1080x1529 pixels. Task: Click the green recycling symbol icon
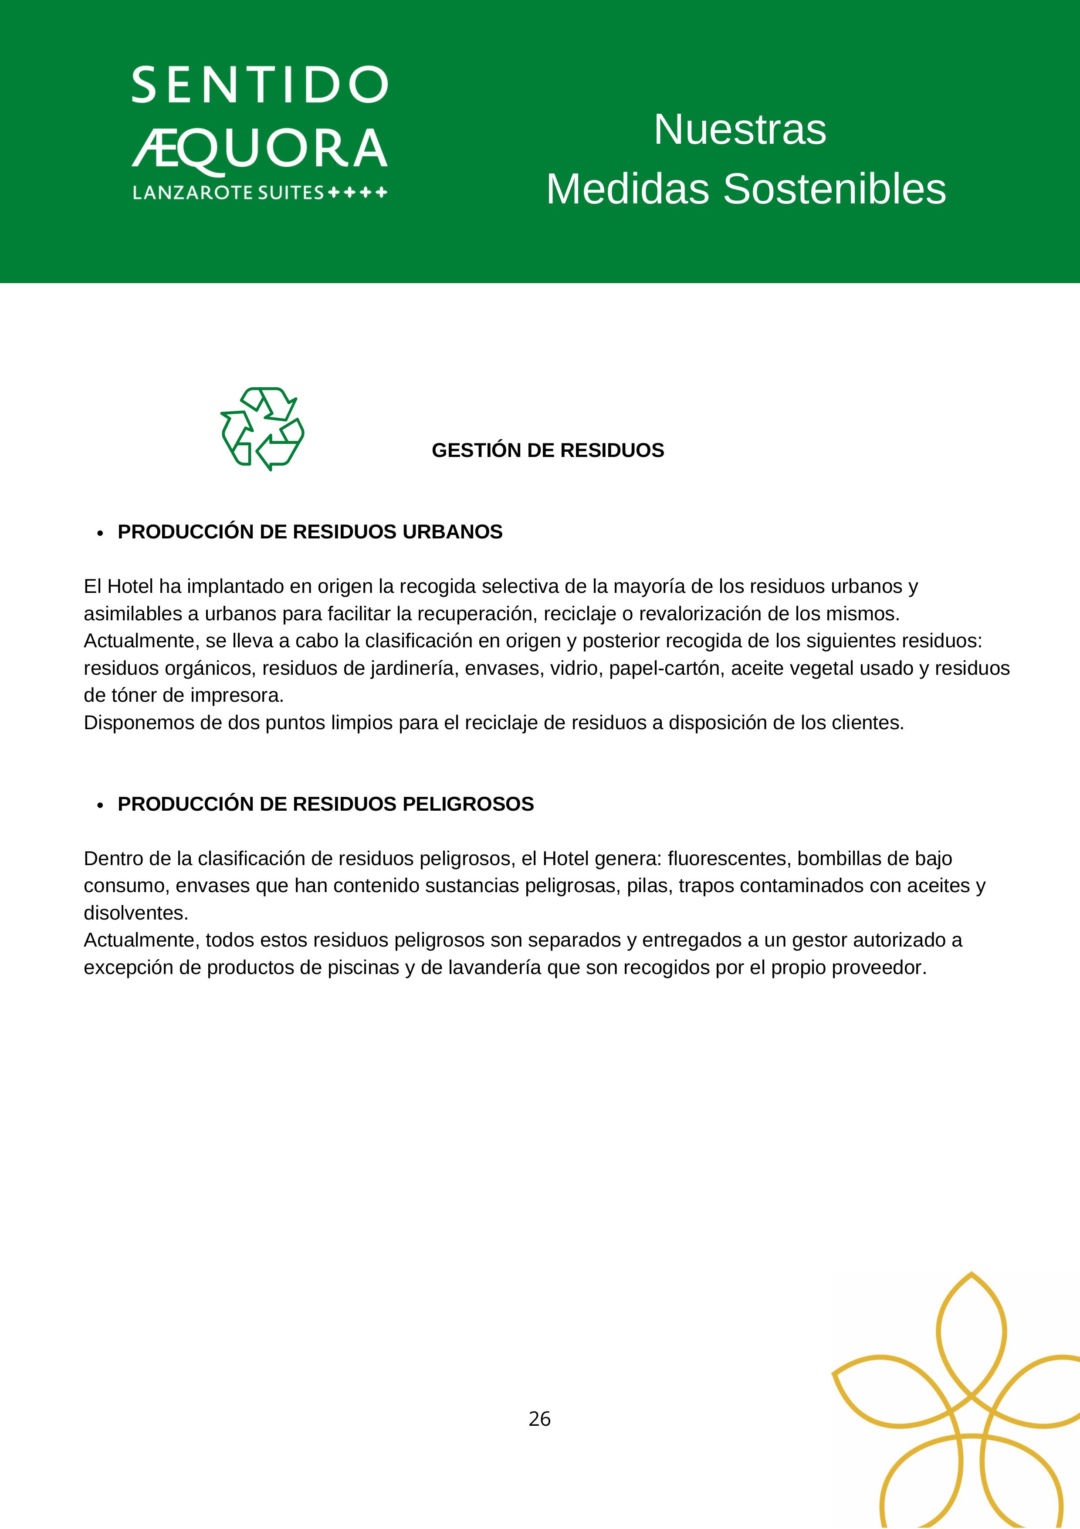[262, 428]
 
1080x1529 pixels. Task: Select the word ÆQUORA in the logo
[260, 149]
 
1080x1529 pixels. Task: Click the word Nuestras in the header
[740, 129]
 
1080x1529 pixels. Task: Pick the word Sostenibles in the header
[834, 189]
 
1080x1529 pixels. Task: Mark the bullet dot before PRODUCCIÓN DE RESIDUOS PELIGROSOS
[100, 805]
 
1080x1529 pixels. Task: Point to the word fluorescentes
[729, 859]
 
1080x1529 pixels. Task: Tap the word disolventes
[136, 913]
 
